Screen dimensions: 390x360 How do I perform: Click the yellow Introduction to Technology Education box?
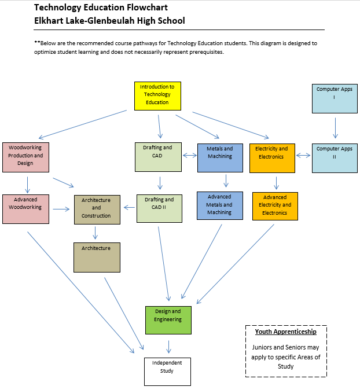pos(157,95)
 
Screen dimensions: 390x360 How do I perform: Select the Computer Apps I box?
pos(334,98)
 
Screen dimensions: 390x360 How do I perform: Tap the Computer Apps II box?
pos(334,157)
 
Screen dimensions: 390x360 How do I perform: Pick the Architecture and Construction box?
pos(96,209)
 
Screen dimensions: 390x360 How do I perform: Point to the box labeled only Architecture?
pos(96,257)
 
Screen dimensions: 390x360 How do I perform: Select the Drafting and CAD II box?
pos(159,208)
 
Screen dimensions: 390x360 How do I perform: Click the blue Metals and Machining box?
pos(219,157)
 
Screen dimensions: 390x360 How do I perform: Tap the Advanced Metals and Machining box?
pos(219,206)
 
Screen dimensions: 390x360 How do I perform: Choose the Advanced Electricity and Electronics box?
pos(275,206)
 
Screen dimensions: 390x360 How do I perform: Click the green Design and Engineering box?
pos(168,320)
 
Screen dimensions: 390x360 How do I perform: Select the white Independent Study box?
pos(167,371)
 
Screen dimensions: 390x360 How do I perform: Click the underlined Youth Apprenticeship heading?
pos(286,332)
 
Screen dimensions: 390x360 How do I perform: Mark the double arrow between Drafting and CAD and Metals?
pos(190,155)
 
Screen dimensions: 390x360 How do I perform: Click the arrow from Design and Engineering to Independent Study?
pos(168,346)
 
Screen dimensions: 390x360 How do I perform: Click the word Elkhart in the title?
pos(50,20)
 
